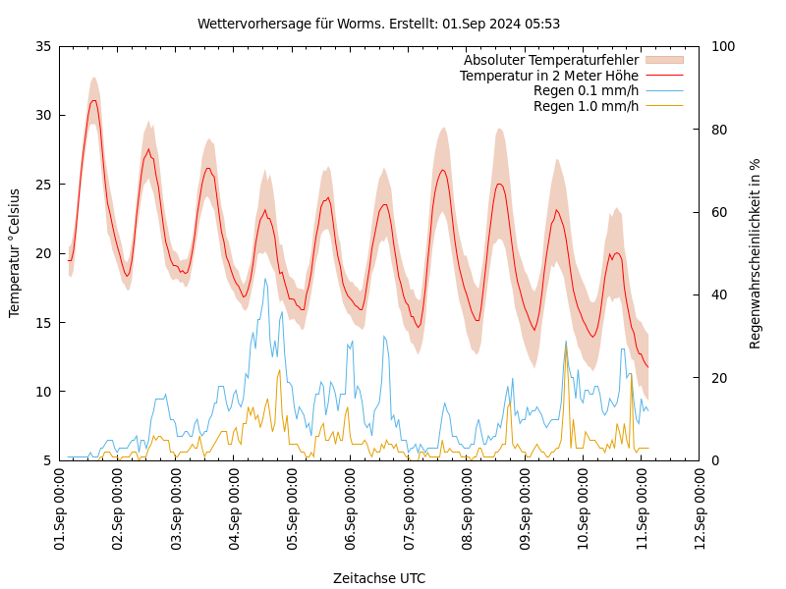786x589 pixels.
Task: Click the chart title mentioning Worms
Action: [378, 24]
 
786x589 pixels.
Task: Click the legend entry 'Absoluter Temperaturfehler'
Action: [550, 60]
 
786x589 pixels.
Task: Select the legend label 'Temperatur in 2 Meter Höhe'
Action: [548, 76]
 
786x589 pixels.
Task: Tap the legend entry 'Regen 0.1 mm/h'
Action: [586, 90]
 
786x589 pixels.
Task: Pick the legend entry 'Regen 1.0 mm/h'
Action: [586, 106]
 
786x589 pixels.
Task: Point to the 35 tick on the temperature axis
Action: [42, 46]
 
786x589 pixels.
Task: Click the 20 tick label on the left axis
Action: [42, 253]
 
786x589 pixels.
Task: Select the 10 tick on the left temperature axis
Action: [42, 392]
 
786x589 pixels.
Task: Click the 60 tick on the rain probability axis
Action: [718, 212]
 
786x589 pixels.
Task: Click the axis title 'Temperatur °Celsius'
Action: [15, 253]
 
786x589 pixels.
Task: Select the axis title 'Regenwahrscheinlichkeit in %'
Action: [756, 253]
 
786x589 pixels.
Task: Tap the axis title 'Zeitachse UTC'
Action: [379, 578]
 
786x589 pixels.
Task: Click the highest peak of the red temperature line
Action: [93, 100]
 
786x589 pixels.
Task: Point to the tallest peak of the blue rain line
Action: [265, 279]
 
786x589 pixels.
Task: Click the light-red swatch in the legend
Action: [663, 60]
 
